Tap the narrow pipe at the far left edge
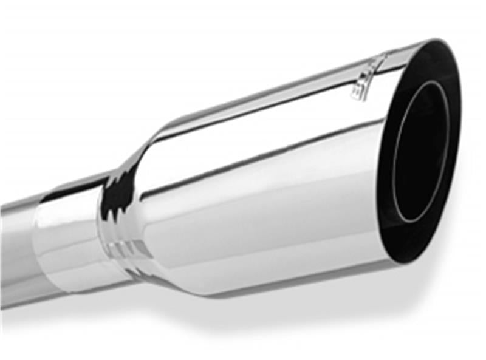[15, 243]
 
